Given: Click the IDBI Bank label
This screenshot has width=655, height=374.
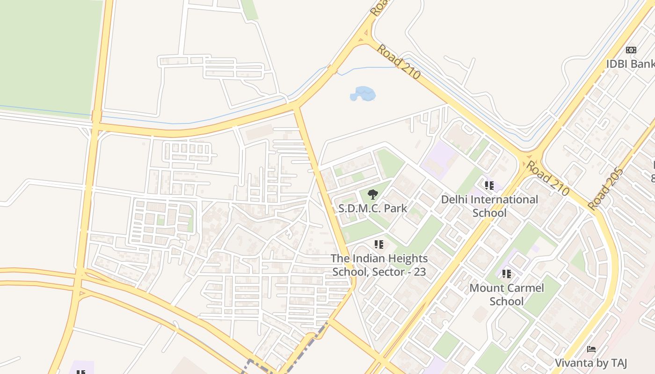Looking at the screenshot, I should click(x=630, y=64).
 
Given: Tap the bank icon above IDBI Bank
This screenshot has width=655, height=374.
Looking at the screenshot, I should click(x=631, y=50).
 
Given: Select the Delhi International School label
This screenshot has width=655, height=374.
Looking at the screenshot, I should click(x=489, y=206).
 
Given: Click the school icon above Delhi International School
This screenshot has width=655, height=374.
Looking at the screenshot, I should click(x=489, y=186).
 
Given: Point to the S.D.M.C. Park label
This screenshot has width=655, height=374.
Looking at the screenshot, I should click(x=373, y=208).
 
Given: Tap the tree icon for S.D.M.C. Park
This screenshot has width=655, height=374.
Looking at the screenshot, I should click(x=372, y=194).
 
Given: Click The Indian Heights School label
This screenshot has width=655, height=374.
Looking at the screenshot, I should click(x=379, y=265).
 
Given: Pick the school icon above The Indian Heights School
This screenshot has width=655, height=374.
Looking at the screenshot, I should click(x=379, y=244).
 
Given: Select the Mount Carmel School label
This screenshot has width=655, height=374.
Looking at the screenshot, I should click(x=507, y=294).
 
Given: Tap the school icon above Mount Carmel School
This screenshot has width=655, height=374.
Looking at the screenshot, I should click(x=507, y=273).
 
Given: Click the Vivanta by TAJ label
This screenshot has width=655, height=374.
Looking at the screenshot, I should click(x=591, y=363).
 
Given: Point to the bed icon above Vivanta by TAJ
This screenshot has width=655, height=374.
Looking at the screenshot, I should click(x=591, y=349).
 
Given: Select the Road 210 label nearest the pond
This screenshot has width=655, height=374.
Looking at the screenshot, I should click(x=398, y=61).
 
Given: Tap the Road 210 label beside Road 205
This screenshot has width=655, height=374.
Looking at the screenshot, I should click(x=547, y=178).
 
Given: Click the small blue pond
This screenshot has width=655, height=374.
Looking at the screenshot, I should click(x=363, y=93).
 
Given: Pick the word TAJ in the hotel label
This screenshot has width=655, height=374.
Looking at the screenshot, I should click(x=616, y=363).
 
